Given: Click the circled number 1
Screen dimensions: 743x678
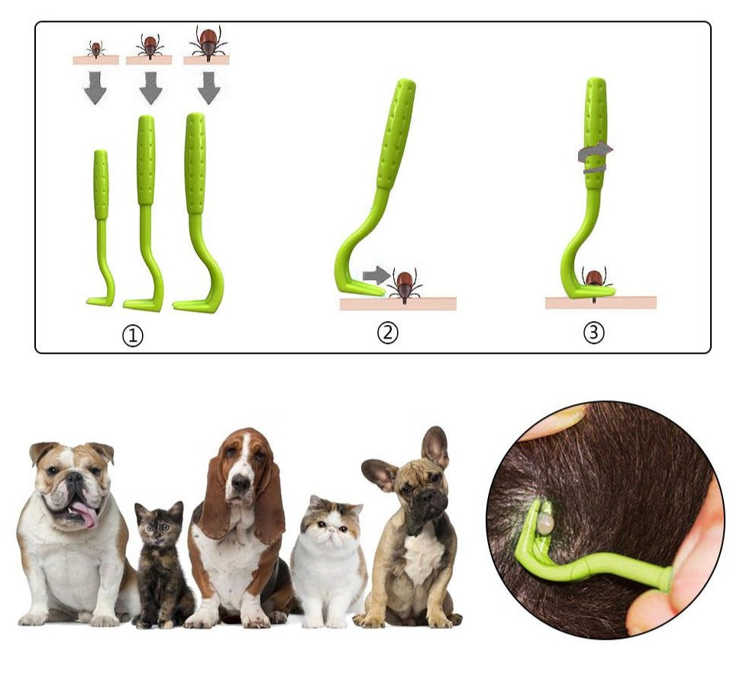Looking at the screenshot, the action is pyautogui.click(x=133, y=336).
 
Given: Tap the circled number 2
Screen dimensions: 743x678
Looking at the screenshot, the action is pyautogui.click(x=388, y=333).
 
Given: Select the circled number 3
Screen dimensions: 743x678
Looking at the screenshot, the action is pyautogui.click(x=594, y=333).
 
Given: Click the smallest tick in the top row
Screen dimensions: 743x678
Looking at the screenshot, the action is pyautogui.click(x=95, y=49).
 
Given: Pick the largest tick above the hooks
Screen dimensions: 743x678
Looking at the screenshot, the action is pyautogui.click(x=208, y=43).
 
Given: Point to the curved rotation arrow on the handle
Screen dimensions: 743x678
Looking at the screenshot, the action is pyautogui.click(x=595, y=157).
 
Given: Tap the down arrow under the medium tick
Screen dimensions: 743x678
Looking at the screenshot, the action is pyautogui.click(x=150, y=88).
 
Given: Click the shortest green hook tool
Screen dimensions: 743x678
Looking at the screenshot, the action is pyautogui.click(x=102, y=228).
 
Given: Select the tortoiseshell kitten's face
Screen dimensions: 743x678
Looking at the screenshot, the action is pyautogui.click(x=160, y=525).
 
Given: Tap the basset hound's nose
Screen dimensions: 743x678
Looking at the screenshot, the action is pyautogui.click(x=241, y=483).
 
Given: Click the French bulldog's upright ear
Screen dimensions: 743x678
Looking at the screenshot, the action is pyautogui.click(x=436, y=446).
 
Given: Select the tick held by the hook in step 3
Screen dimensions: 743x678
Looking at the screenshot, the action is pyautogui.click(x=594, y=283).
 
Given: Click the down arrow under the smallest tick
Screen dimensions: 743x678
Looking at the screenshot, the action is pyautogui.click(x=95, y=88).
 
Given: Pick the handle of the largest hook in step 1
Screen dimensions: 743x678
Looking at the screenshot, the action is pyautogui.click(x=195, y=164).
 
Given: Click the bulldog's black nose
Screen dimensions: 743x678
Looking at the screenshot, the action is pyautogui.click(x=75, y=479).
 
